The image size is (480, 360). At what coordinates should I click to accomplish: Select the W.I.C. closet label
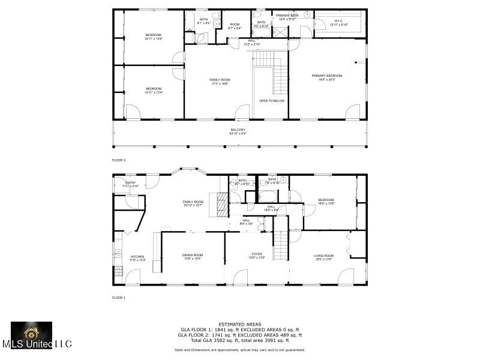[339, 23]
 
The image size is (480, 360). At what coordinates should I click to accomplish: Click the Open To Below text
[271, 101]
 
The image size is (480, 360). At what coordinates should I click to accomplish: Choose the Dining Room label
[193, 256]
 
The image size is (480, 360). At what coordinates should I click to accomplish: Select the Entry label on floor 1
[130, 184]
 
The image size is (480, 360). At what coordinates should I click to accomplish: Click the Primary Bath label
[287, 17]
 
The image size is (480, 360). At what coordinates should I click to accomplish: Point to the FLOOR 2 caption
[119, 160]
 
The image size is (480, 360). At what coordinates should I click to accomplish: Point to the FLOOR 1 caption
[119, 298]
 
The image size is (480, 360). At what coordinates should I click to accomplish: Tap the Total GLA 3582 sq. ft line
[239, 340]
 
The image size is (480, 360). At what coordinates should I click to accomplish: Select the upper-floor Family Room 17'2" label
[220, 82]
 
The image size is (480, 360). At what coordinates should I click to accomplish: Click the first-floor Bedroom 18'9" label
[326, 202]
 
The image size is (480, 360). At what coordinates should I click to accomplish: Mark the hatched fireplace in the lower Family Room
[223, 204]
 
